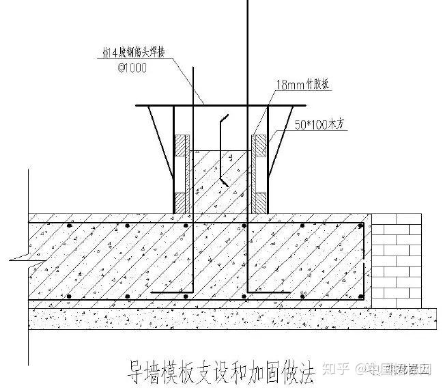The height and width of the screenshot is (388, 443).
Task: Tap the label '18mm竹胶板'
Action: click(x=302, y=85)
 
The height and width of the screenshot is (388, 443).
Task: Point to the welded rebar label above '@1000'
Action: click(x=131, y=51)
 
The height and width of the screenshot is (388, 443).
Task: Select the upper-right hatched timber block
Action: click(x=260, y=146)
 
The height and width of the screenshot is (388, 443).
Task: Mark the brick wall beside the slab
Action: click(x=399, y=260)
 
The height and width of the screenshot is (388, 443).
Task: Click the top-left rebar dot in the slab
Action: click(x=70, y=225)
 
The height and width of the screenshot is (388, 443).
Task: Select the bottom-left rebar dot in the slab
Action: click(x=70, y=296)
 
